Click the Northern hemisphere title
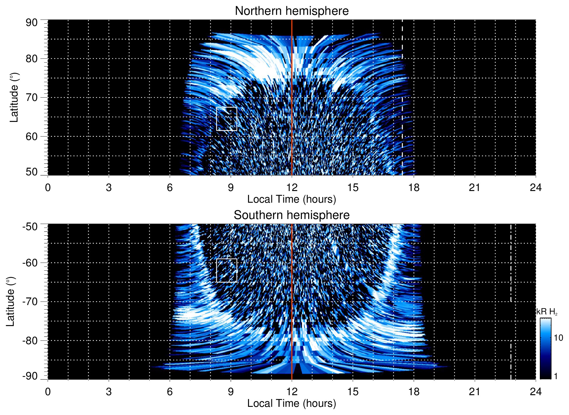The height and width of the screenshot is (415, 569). pos(292,11)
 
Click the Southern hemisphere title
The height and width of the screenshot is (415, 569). pos(292,215)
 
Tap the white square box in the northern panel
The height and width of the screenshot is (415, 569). pos(227,119)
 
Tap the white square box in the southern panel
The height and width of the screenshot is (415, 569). pos(227,270)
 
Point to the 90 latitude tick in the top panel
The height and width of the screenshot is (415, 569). pos(32,23)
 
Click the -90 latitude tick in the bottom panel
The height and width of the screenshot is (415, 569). pos(30,376)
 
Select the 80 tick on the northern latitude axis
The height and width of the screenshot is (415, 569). pos(32,59)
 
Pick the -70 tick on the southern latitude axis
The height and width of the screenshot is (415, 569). pos(30,302)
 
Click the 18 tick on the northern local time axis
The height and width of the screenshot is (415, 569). pos(414,188)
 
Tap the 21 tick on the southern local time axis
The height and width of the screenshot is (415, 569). pos(475,392)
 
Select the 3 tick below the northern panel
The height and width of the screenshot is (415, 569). pos(109,188)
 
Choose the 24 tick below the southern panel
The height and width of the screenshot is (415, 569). pos(535,392)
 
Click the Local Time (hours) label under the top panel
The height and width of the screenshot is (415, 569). pos(292,199)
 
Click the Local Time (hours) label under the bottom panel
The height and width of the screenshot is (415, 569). pos(292,403)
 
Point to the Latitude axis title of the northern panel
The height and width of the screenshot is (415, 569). pos(14,98)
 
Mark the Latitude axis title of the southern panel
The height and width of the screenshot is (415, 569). pos(11,302)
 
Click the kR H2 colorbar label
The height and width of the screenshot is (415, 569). pos(547,312)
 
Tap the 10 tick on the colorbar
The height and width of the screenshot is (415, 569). pos(558,338)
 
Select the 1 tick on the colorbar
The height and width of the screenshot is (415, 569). pos(556,376)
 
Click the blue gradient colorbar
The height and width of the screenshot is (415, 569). pos(545,349)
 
